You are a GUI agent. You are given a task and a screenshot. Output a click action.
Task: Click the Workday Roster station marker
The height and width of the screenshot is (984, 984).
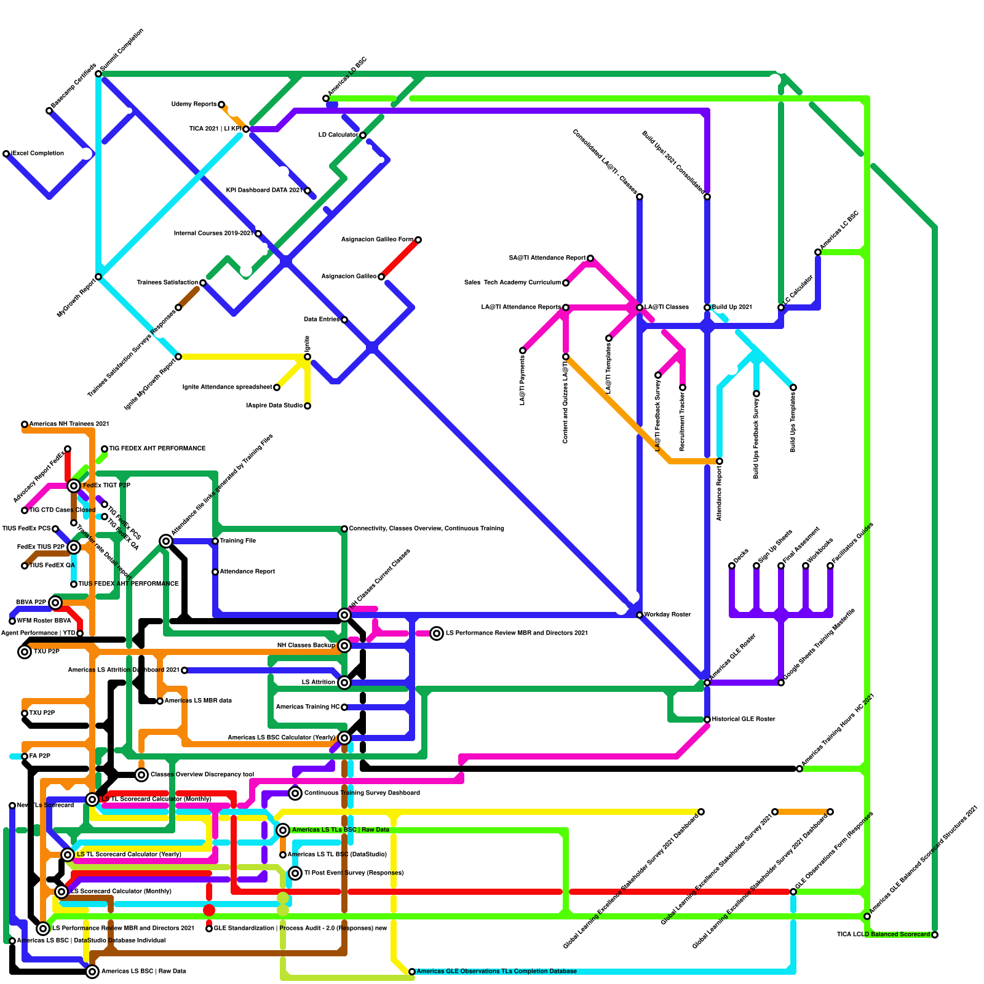click(640, 615)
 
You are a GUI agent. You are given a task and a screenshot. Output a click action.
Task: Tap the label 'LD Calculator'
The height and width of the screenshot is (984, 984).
click(338, 135)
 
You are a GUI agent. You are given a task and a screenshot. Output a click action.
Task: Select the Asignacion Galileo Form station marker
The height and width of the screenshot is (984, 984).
click(418, 240)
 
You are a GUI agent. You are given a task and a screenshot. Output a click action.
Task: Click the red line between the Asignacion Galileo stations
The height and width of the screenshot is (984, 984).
click(400, 258)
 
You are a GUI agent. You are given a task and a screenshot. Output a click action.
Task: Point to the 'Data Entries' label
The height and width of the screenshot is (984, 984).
click(321, 319)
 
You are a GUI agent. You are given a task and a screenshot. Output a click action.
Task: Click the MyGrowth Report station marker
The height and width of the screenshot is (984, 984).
click(98, 277)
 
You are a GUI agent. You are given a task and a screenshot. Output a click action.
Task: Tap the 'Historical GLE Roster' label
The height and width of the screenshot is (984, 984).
click(744, 719)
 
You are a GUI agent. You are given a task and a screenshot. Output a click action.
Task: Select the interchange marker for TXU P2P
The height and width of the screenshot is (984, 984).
click(25, 652)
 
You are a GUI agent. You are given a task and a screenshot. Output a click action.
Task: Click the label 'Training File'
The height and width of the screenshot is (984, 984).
click(237, 541)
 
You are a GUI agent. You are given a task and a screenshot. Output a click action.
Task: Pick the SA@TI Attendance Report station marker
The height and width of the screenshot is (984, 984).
click(590, 258)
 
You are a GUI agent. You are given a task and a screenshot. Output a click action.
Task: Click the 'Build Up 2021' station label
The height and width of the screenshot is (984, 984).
click(732, 307)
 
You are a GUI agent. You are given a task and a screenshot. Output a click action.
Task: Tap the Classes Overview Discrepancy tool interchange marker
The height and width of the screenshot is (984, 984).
click(141, 775)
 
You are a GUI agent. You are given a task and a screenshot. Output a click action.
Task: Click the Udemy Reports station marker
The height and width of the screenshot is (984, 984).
click(221, 105)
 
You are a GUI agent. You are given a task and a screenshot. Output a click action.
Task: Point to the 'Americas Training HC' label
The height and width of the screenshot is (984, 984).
click(307, 707)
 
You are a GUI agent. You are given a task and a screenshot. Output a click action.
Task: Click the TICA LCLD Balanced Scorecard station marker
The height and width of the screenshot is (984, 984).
click(935, 935)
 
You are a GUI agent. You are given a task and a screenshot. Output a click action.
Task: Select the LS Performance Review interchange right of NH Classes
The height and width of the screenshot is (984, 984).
click(437, 633)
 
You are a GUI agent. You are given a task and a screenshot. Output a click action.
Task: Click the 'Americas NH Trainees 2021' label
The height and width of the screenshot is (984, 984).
click(69, 424)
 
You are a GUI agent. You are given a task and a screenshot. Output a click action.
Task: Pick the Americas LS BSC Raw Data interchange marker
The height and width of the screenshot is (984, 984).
click(92, 972)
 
